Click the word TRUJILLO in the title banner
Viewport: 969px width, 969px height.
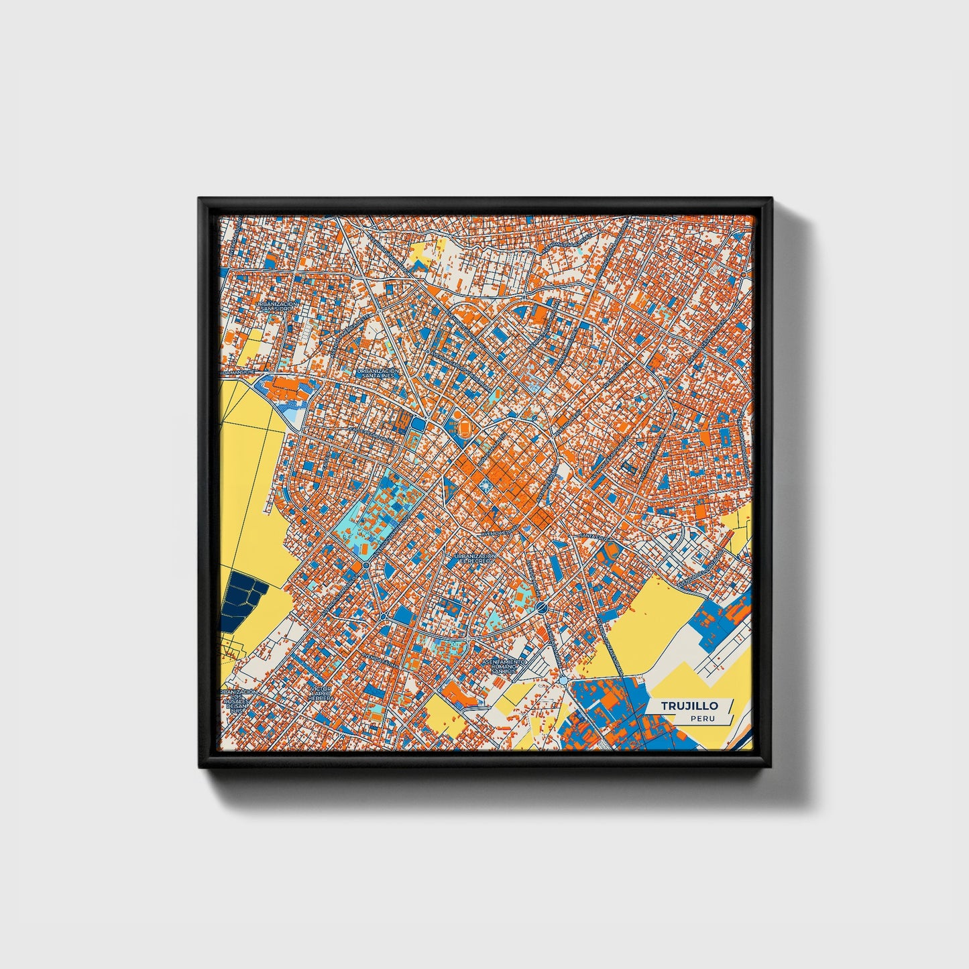pos(689,705)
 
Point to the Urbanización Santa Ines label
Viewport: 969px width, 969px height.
pos(378,373)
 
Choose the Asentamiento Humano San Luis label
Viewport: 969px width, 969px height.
pos(504,665)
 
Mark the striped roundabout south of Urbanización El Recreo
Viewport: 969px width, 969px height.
pos(541,608)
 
